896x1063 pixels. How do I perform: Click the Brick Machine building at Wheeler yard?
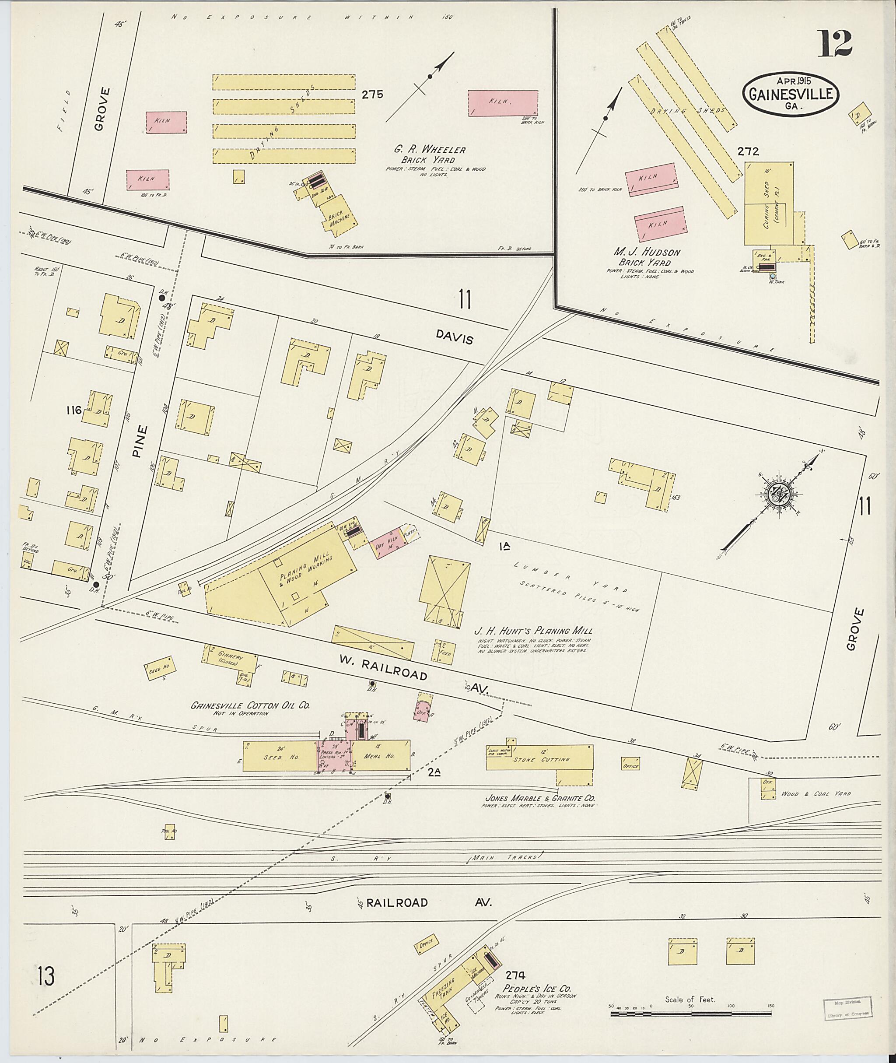click(337, 215)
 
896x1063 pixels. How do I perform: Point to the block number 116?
click(73, 410)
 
